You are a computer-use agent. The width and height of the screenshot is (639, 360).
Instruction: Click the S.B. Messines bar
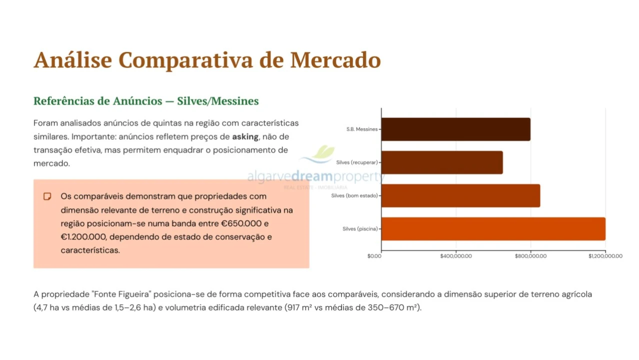pos(456,129)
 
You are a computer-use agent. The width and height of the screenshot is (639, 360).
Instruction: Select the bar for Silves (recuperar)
pos(442,162)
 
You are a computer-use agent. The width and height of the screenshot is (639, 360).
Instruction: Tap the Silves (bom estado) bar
pos(460,195)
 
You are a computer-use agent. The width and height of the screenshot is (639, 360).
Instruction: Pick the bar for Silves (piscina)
pos(493,229)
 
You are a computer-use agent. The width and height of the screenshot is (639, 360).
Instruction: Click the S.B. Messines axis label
pos(362,129)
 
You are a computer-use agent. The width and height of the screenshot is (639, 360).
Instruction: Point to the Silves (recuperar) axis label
pos(357,162)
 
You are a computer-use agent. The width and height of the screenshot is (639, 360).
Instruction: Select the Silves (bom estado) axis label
pos(354,195)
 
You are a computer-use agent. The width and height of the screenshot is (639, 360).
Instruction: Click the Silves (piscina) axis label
pos(360,229)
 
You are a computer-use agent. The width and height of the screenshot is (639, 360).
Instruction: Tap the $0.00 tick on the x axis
pos(374,256)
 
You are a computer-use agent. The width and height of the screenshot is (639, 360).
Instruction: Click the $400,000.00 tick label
pos(456,256)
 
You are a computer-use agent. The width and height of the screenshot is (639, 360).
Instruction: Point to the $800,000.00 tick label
pos(530,256)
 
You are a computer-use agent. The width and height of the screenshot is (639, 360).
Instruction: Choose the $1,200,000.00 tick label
pos(605,256)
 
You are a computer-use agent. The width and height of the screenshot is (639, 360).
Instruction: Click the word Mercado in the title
pos(335,60)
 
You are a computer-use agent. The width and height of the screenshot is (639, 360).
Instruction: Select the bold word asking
pos(245,137)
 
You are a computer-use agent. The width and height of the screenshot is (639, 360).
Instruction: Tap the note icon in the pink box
pos(47,196)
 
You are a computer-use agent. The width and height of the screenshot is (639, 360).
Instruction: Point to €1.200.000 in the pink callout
pos(83,237)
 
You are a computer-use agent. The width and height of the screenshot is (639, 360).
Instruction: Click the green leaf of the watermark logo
pos(324,152)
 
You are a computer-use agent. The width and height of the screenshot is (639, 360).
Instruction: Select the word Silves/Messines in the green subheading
pos(218,101)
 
